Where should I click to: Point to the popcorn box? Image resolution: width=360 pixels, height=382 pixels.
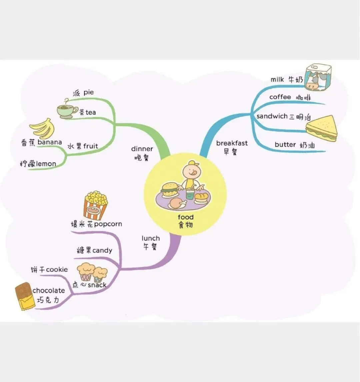[96, 204]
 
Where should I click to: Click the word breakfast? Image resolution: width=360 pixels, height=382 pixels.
[232, 143]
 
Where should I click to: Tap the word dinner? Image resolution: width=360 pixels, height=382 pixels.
[142, 149]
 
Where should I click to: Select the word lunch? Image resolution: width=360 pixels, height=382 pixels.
[151, 238]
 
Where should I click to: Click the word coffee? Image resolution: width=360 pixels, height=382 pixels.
[280, 97]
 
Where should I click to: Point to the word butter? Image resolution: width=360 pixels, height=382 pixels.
[285, 144]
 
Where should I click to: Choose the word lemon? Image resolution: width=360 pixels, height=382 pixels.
[46, 164]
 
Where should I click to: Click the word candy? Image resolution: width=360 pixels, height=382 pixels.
[102, 250]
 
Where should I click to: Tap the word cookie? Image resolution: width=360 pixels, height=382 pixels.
[57, 269]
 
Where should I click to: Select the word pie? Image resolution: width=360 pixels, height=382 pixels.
[89, 92]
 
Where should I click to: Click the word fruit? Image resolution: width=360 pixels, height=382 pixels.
[91, 146]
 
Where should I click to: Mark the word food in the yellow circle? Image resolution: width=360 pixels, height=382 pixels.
[186, 217]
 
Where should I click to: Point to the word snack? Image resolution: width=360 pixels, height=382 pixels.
[97, 285]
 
